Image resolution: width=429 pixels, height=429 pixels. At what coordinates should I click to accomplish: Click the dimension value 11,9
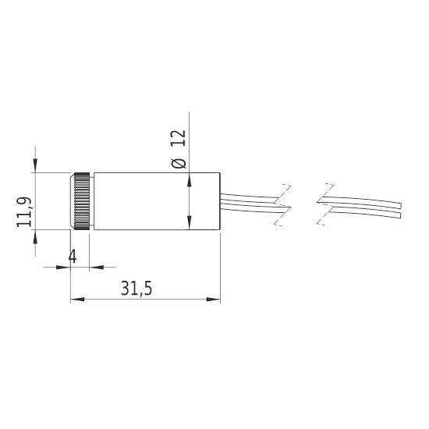(x=24, y=212)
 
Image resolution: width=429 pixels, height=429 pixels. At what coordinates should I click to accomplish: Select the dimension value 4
(x=72, y=257)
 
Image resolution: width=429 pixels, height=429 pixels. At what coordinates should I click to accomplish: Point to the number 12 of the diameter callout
(x=179, y=140)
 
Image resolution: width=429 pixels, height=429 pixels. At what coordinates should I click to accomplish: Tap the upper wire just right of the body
(x=250, y=196)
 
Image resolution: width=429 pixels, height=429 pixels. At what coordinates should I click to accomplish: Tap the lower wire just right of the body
(x=250, y=206)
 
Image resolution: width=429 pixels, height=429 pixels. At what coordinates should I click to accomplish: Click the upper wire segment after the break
(x=363, y=201)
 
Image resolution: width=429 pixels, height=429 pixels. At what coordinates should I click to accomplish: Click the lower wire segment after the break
(x=363, y=211)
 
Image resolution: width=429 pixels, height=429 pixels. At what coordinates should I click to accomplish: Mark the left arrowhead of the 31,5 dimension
(x=76, y=299)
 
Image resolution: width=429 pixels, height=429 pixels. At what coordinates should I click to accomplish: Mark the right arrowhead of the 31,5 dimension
(x=214, y=299)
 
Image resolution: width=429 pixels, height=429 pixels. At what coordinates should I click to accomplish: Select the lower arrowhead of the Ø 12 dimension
(x=190, y=224)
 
